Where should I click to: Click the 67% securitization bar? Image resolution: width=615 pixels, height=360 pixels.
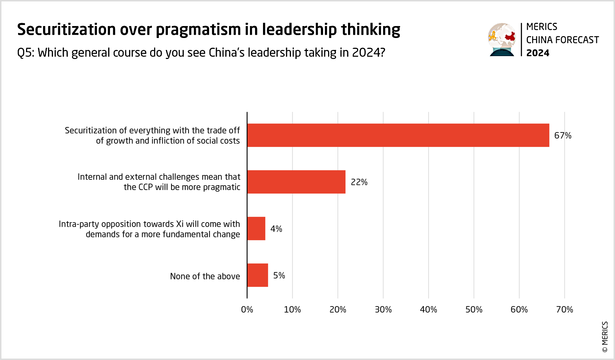(x=398, y=135)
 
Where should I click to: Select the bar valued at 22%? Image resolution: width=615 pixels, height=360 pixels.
(x=296, y=182)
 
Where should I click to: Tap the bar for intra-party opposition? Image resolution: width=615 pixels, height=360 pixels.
(x=256, y=229)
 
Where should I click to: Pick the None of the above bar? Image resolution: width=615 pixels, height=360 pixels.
(x=258, y=275)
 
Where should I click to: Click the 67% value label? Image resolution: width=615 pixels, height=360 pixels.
(x=563, y=136)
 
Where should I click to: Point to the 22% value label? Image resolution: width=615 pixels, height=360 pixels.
(x=359, y=182)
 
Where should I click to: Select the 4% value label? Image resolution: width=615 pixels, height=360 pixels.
(x=276, y=229)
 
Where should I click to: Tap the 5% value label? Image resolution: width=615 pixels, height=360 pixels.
(x=279, y=276)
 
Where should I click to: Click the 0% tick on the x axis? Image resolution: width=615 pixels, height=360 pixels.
(x=247, y=310)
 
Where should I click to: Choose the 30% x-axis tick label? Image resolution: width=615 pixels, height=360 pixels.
(x=383, y=310)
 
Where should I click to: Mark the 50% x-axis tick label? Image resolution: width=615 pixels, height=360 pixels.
(x=474, y=310)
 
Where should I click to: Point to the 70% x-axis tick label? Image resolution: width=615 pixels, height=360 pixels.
(x=564, y=310)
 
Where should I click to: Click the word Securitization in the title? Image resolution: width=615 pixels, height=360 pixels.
(x=66, y=30)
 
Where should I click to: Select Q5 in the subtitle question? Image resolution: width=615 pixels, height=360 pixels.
(x=25, y=53)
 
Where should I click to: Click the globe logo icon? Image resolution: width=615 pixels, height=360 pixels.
(x=502, y=39)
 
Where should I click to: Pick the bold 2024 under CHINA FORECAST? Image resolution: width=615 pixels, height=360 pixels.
(x=538, y=53)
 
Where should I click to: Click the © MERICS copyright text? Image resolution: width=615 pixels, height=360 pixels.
(x=605, y=337)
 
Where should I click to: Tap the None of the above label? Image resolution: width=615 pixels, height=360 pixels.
(x=205, y=276)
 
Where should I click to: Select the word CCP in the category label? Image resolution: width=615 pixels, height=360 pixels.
(x=146, y=187)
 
